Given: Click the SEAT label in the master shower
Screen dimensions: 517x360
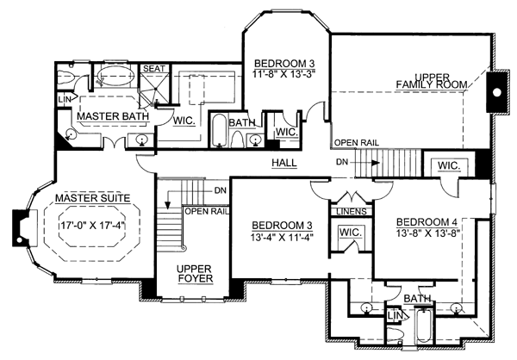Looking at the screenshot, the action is tap(154, 69).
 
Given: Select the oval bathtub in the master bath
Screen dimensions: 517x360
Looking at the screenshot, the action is tap(115, 76).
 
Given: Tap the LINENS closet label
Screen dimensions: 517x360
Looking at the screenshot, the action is tap(352, 211).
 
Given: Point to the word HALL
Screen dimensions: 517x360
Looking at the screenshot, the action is tap(284, 163).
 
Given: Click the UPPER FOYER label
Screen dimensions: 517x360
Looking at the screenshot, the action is tap(195, 274).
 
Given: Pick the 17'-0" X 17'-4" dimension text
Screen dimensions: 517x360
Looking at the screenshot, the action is tap(94, 226).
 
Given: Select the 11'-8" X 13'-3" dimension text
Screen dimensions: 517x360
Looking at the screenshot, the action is tap(284, 73).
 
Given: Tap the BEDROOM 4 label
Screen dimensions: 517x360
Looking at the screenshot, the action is tap(428, 222).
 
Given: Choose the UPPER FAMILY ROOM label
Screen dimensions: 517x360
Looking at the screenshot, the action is tap(432, 81).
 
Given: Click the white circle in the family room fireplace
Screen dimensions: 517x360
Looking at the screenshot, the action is tap(496, 93).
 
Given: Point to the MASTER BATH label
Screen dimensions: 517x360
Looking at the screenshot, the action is tap(113, 116).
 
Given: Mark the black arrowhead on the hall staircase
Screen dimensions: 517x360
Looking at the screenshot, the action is tap(375, 163).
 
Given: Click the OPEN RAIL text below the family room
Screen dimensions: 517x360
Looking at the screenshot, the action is tap(357, 143).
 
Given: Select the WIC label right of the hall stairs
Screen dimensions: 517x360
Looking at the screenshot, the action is tap(449, 165).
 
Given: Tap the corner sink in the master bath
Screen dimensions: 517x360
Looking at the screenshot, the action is tap(71, 134).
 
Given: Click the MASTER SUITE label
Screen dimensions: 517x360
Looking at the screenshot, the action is tap(93, 198).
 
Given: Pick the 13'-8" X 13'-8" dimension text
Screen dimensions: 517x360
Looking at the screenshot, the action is tap(428, 233).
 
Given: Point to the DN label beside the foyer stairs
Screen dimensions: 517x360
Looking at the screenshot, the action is tap(221, 190).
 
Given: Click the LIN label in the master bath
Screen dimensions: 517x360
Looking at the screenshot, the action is tap(65, 99).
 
